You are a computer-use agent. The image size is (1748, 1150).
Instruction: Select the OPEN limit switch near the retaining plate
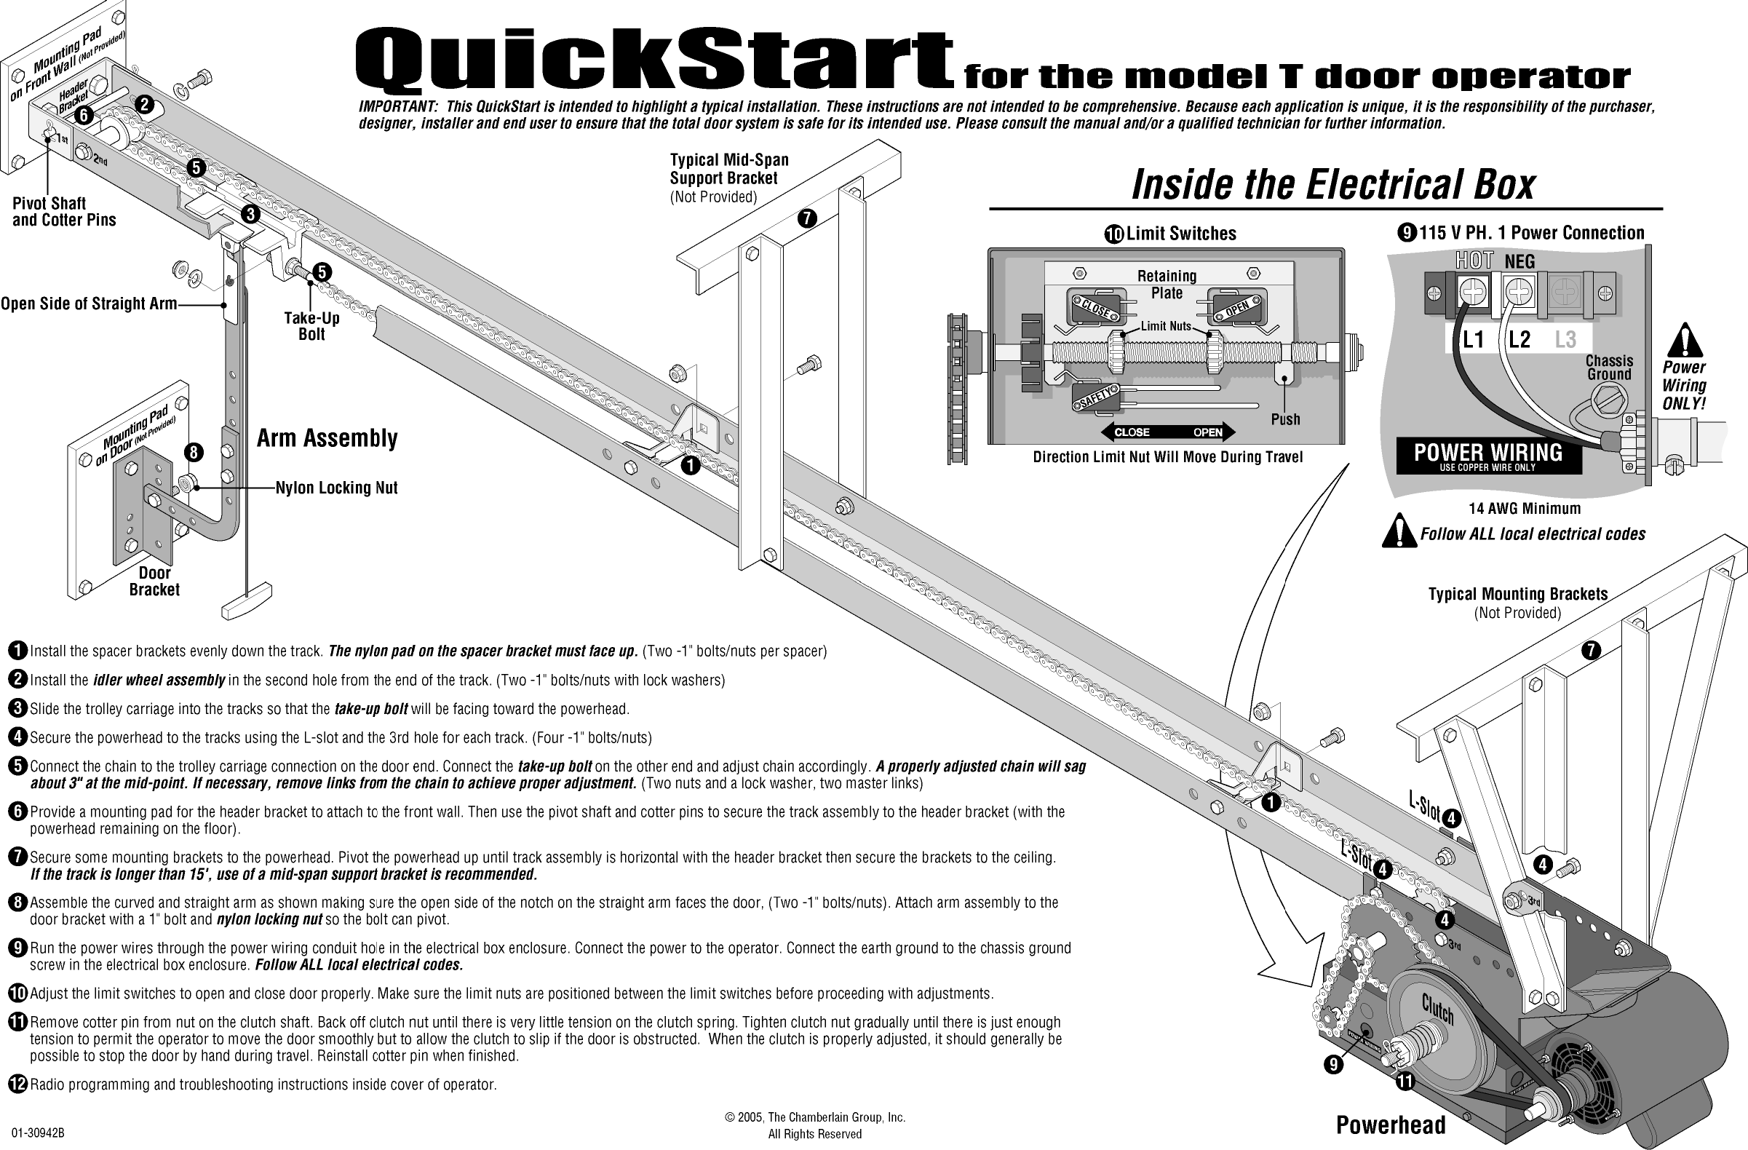pyautogui.click(x=1239, y=307)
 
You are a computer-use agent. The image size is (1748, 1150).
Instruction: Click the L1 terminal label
pyautogui.click(x=1474, y=339)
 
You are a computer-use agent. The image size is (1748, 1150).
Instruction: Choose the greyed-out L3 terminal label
pyautogui.click(x=1565, y=339)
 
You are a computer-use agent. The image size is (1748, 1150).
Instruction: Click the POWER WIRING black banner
pyautogui.click(x=1488, y=456)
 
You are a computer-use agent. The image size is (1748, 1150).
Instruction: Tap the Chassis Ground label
pyautogui.click(x=1608, y=367)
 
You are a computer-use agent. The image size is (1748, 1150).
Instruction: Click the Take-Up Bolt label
pyautogui.click(x=311, y=326)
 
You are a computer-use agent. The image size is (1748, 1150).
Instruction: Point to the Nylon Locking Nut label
pyautogui.click(x=336, y=488)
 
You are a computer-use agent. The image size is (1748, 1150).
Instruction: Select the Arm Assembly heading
pyautogui.click(x=327, y=438)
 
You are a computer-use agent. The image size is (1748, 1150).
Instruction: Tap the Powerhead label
pyautogui.click(x=1390, y=1125)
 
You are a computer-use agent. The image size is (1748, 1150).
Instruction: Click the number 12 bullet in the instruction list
pyautogui.click(x=17, y=1084)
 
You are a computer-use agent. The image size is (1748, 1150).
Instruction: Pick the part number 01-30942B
pyautogui.click(x=38, y=1133)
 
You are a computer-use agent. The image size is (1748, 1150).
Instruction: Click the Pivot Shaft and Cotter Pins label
pyautogui.click(x=64, y=212)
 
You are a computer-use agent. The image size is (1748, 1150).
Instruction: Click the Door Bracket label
pyautogui.click(x=154, y=581)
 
